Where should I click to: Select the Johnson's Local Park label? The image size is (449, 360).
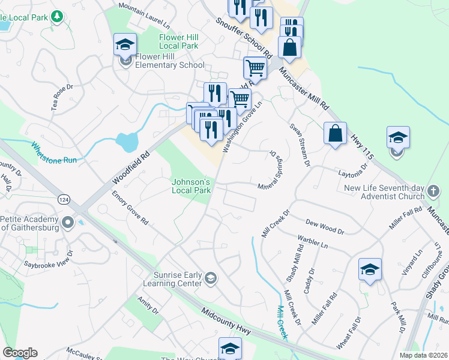coord(191,186)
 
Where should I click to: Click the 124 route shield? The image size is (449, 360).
coord(63,198)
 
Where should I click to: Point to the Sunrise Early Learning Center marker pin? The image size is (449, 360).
coord(210,277)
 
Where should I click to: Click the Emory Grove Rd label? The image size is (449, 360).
coord(130,208)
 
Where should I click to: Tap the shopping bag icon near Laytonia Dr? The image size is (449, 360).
coord(336,134)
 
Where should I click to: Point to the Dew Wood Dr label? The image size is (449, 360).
coord(324,226)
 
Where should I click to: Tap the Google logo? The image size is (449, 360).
coord(20,353)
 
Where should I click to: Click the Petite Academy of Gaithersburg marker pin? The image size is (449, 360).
coord(67,223)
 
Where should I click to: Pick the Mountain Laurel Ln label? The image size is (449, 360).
coord(143,15)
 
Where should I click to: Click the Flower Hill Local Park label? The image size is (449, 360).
coord(179,41)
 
